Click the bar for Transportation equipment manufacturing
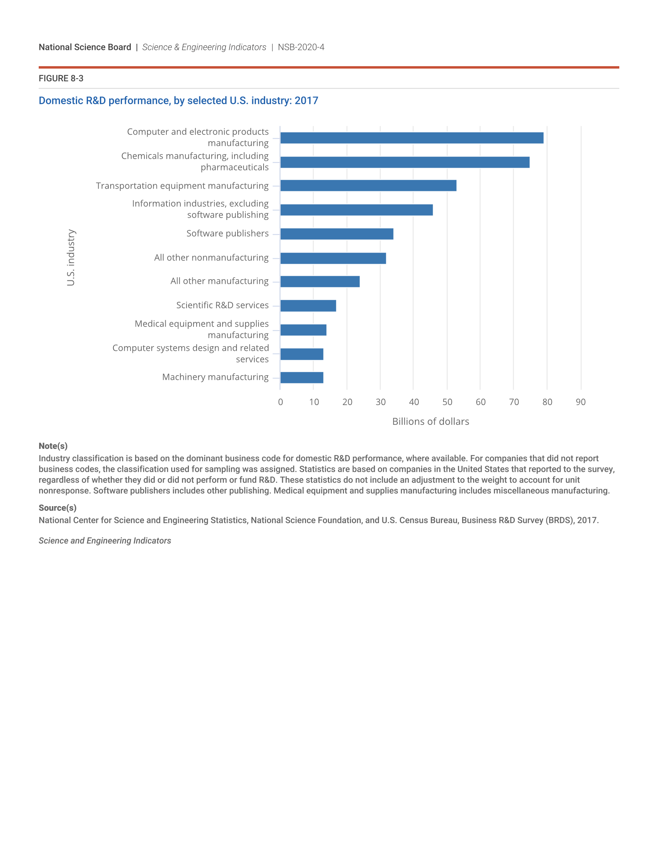coord(368,186)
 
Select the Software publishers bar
coord(337,234)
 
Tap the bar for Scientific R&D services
coord(308,306)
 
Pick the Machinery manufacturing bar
coord(302,378)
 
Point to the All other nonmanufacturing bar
coord(333,258)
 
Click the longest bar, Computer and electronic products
coord(412,138)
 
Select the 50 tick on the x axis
coord(447,402)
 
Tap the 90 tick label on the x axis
coord(581,402)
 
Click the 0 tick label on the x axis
coord(280,402)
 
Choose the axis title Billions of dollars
coord(430,422)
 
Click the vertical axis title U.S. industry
coord(70,258)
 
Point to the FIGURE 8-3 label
coord(61,78)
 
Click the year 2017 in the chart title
coord(307,101)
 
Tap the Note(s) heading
coord(53,446)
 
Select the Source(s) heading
coord(57,508)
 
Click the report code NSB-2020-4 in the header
coord(301,47)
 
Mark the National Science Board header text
coord(85,47)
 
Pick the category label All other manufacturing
coord(219,281)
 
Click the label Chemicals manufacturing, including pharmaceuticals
coord(195,161)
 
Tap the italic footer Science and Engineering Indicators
coord(105,541)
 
